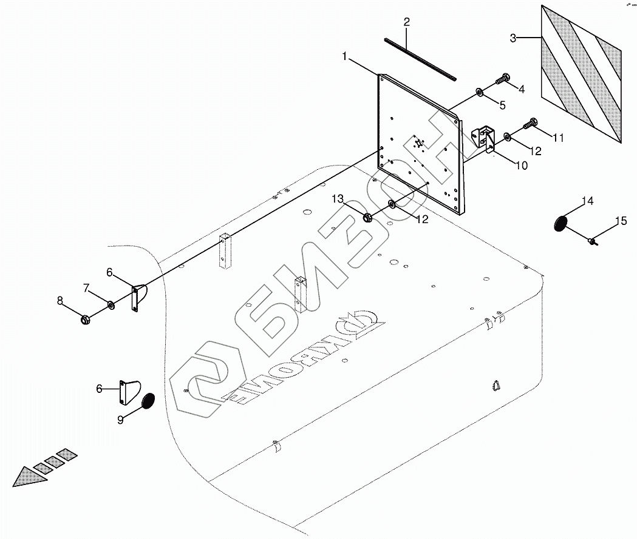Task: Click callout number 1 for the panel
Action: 344,56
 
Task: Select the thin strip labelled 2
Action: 419,59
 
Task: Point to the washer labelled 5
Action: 480,92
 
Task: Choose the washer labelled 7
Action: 111,303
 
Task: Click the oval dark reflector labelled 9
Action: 148,401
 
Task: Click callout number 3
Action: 513,38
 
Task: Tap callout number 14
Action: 587,201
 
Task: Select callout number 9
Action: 121,419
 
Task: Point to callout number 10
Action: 521,165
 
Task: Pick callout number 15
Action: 621,221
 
